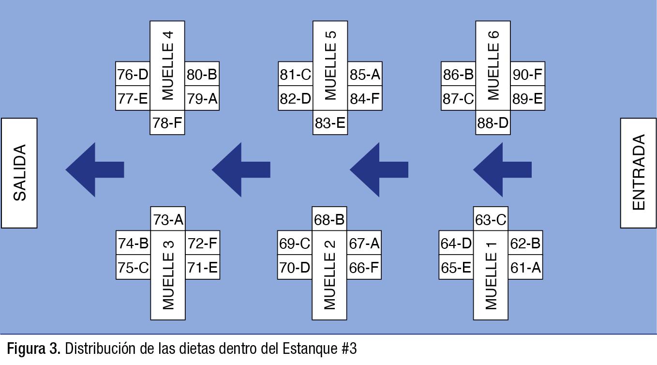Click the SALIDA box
pyautogui.click(x=19, y=173)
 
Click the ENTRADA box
pyautogui.click(x=639, y=173)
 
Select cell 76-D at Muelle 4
pyautogui.click(x=133, y=75)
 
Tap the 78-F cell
pyautogui.click(x=167, y=123)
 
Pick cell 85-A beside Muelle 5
pyautogui.click(x=364, y=75)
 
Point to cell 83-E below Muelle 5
pyautogui.click(x=330, y=123)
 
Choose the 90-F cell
pyautogui.click(x=527, y=75)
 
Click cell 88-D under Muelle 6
pyautogui.click(x=493, y=123)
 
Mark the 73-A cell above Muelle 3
pyautogui.click(x=168, y=220)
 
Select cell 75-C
pyautogui.click(x=134, y=268)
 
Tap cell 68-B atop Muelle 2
pyautogui.click(x=329, y=220)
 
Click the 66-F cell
pyautogui.click(x=364, y=268)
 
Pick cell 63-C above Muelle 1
pyautogui.click(x=491, y=220)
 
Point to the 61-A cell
pyautogui.click(x=525, y=268)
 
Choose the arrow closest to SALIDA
pyautogui.click(x=95, y=169)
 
